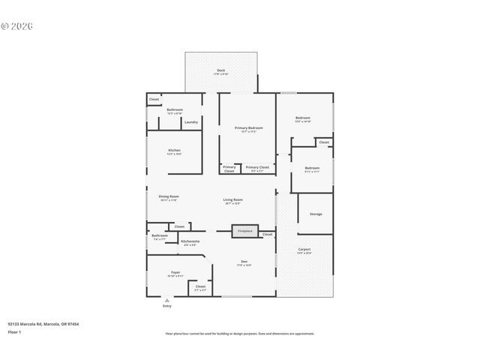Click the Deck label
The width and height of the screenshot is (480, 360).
point(220,70)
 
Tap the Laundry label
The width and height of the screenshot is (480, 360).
point(191,122)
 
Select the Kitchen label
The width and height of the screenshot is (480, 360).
point(174,150)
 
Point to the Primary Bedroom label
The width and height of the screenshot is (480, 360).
point(248,128)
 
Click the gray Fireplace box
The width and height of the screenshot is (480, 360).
point(245,232)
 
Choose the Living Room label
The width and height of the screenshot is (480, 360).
point(232,199)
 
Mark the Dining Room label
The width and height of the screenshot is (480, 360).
point(168,196)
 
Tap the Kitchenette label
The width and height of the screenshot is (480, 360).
point(190,241)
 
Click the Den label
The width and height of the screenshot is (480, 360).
point(244,261)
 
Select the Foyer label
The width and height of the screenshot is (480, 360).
point(175,272)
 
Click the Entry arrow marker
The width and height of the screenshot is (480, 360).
point(166,300)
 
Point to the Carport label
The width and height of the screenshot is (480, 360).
point(304,250)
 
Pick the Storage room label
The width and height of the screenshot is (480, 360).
point(316,214)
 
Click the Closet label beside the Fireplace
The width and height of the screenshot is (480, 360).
point(267,235)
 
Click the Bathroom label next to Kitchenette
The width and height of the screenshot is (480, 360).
point(160,236)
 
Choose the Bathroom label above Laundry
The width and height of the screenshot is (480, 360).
point(174,110)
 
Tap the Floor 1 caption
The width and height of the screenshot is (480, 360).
point(15,331)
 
